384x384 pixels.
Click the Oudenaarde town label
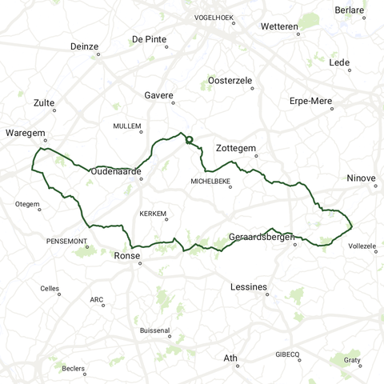pyautogui.click(x=116, y=171)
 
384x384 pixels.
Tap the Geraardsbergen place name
pyautogui.click(x=259, y=238)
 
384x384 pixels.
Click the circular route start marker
pyautogui.click(x=190, y=140)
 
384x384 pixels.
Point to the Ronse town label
pyautogui.click(x=127, y=257)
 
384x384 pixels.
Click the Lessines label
pyautogui.click(x=248, y=286)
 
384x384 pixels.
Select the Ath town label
pyautogui.click(x=230, y=358)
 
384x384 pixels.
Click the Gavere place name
pyautogui.click(x=158, y=95)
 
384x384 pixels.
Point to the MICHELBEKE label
pyautogui.click(x=210, y=182)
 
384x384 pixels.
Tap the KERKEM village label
pyautogui.click(x=152, y=214)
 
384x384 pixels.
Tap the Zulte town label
pyautogui.click(x=45, y=103)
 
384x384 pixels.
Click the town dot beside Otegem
pyautogui.click(x=39, y=210)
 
